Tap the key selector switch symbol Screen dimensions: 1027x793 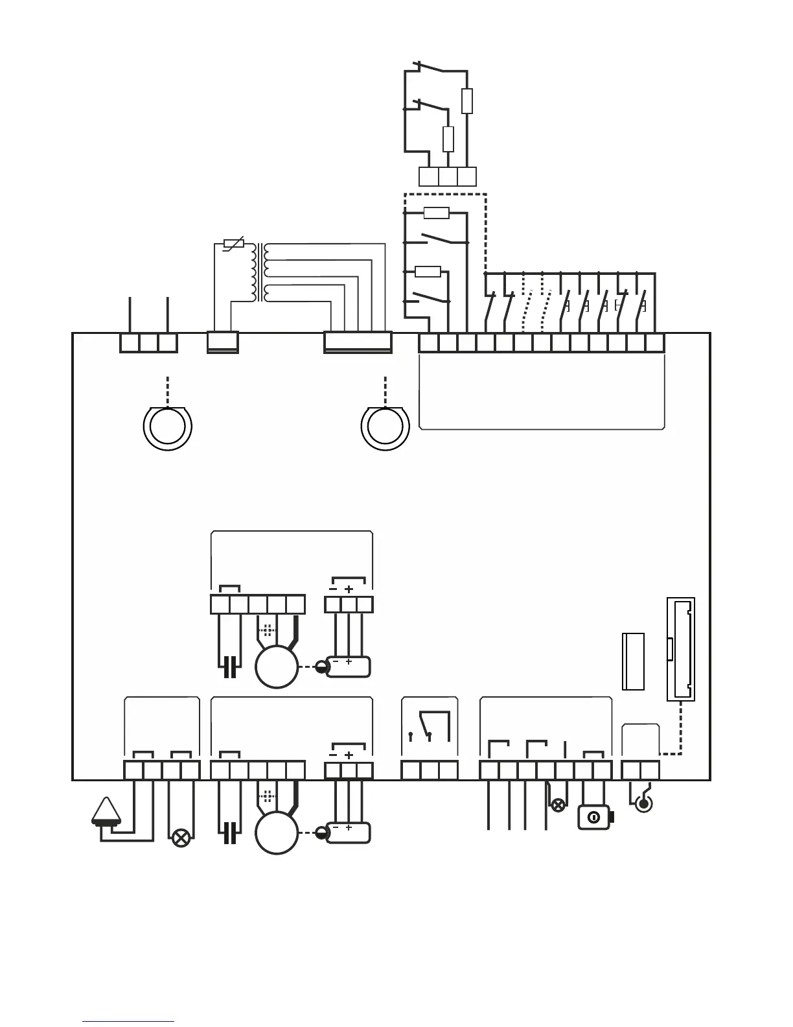pyautogui.click(x=594, y=818)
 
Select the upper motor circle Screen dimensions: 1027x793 pyautogui.click(x=277, y=667)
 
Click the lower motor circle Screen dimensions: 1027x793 pyautogui.click(x=277, y=832)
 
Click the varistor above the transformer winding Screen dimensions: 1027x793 pyautogui.click(x=233, y=244)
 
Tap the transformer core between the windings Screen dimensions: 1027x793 pyautogui.click(x=260, y=272)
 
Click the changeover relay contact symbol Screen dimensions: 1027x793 pyautogui.click(x=429, y=726)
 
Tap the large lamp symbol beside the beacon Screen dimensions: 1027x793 pyautogui.click(x=181, y=838)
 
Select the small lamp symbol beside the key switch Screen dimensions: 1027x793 pyautogui.click(x=557, y=806)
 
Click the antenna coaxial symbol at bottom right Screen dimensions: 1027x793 pyautogui.click(x=643, y=804)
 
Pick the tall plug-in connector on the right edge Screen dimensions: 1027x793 pyautogui.click(x=681, y=649)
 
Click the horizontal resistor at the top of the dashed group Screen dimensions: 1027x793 pyautogui.click(x=436, y=213)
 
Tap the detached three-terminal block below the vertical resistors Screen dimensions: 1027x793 pyautogui.click(x=448, y=176)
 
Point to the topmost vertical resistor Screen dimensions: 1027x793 pyautogui.click(x=467, y=101)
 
